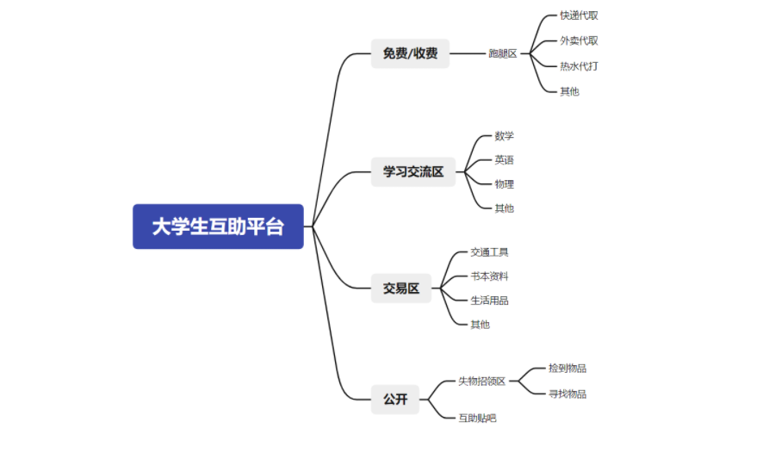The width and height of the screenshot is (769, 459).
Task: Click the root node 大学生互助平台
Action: (218, 226)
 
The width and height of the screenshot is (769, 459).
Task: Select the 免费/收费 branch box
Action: (410, 53)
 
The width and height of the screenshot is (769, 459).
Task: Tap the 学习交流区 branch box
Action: (413, 171)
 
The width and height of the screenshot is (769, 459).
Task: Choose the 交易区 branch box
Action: (401, 288)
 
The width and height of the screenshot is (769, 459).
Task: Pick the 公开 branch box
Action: (395, 399)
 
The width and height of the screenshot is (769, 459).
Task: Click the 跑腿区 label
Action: (503, 53)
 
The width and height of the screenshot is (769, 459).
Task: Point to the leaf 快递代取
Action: (579, 16)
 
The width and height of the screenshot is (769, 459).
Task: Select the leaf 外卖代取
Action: (579, 40)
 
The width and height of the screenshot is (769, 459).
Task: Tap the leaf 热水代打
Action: (579, 65)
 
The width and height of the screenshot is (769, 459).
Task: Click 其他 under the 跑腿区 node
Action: (569, 90)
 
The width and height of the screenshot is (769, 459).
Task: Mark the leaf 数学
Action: (504, 135)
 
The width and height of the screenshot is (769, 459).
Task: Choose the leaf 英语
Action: (504, 159)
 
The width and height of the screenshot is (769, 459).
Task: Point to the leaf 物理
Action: (504, 183)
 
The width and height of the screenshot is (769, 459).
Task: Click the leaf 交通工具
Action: (489, 252)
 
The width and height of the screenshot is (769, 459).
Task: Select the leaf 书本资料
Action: (489, 276)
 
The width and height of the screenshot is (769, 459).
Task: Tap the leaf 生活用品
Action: (489, 301)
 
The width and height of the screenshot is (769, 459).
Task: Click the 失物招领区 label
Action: (481, 381)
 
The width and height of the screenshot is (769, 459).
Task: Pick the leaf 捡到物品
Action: (567, 369)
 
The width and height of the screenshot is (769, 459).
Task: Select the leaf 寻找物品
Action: (567, 394)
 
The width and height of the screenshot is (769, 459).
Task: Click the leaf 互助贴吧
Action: (477, 418)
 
